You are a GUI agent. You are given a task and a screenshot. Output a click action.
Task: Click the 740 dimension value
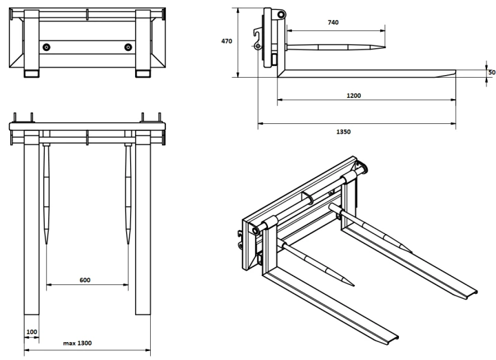(333, 22)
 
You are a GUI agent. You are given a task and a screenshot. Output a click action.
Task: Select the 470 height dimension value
(227, 41)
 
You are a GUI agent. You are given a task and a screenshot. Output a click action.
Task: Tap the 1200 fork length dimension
(353, 96)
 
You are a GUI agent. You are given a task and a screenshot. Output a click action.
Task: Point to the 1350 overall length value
(343, 131)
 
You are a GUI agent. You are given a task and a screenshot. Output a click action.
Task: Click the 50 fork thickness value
(492, 72)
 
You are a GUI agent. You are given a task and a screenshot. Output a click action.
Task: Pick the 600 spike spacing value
(85, 280)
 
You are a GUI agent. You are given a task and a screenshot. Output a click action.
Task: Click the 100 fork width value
(32, 332)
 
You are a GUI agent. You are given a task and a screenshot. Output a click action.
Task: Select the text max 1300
(77, 343)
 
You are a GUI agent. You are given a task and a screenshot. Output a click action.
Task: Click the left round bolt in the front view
(46, 47)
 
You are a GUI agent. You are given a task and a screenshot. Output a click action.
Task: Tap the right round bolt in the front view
(128, 47)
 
